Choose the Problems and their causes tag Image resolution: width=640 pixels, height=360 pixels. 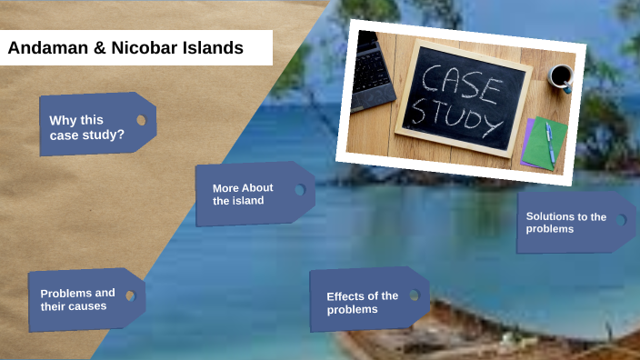[x=78, y=299]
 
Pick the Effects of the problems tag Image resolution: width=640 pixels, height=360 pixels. [x=363, y=302]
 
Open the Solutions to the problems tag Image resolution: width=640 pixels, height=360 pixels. [x=566, y=222]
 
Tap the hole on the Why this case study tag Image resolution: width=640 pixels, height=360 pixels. [x=141, y=120]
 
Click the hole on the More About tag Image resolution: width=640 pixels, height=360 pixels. [x=299, y=190]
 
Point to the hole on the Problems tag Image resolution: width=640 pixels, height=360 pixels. [x=130, y=295]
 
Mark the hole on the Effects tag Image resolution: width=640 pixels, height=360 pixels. [x=414, y=295]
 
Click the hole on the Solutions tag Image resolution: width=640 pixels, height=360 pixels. [x=621, y=220]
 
